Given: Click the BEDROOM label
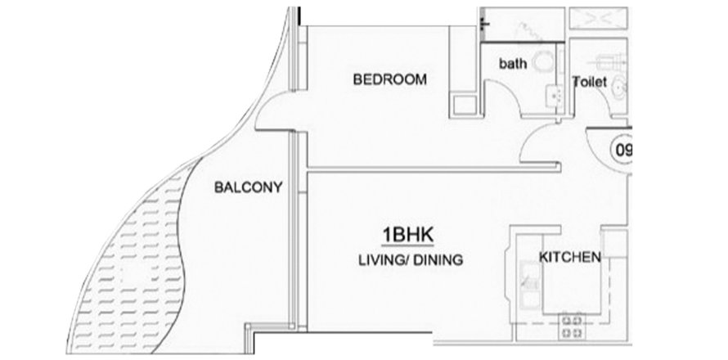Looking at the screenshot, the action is coord(389,79).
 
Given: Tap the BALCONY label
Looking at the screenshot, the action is coord(248,187).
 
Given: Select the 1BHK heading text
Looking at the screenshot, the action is coord(407,235).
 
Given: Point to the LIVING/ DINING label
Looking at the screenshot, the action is coord(411,259).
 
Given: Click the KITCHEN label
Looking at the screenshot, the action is coord(569,257).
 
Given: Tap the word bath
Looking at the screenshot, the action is coord(513,63).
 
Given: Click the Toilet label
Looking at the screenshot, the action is coord(590,82).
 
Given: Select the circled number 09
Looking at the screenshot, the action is coord(621,151).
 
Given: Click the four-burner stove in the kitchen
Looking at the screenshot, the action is coord(572,326).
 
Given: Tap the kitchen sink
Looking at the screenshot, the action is coord(528,286).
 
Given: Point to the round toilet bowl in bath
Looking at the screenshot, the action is coord(543,62).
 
